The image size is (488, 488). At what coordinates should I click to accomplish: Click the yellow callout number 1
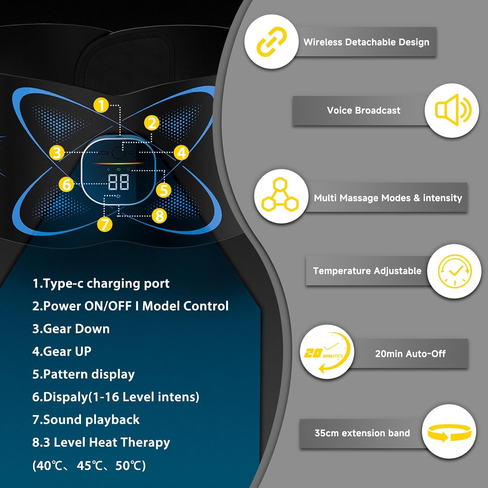[x=101, y=105]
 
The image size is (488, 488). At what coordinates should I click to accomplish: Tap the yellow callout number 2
[x=152, y=123]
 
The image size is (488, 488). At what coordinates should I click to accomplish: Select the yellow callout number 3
[x=57, y=153]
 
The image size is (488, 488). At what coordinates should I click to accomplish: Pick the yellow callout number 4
[x=181, y=153]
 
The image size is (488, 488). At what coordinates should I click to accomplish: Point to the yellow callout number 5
[x=163, y=190]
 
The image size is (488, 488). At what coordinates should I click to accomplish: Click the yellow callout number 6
[x=66, y=184]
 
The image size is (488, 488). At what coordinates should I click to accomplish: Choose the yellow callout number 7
[x=105, y=224]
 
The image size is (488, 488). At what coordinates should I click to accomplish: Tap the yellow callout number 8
[x=159, y=216]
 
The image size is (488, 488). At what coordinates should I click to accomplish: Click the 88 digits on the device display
[x=118, y=182]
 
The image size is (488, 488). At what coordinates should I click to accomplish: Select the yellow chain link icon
[x=271, y=42]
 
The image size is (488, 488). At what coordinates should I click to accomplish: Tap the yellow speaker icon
[x=452, y=110]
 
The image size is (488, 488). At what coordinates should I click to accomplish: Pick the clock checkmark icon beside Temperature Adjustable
[x=454, y=271]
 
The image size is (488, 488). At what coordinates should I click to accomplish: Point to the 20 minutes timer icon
[x=327, y=352]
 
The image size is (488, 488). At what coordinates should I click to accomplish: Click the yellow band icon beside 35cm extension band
[x=449, y=432]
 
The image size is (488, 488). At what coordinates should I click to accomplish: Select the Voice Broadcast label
[x=363, y=111]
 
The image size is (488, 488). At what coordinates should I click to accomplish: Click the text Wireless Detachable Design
[x=366, y=42]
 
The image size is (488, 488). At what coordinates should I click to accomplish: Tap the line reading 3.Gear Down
[x=71, y=329]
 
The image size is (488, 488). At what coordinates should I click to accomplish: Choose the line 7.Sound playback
[x=86, y=420]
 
